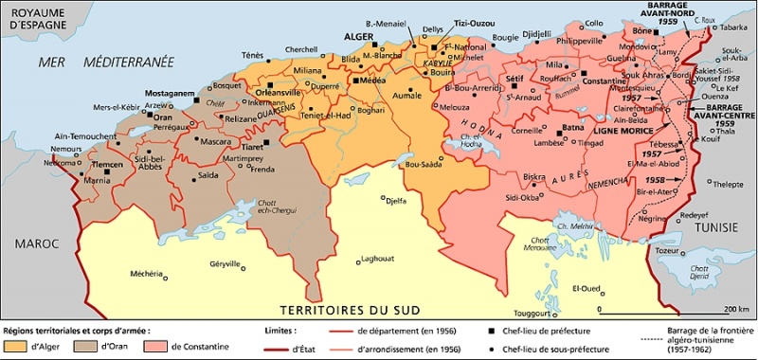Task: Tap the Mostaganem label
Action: [171, 94]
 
